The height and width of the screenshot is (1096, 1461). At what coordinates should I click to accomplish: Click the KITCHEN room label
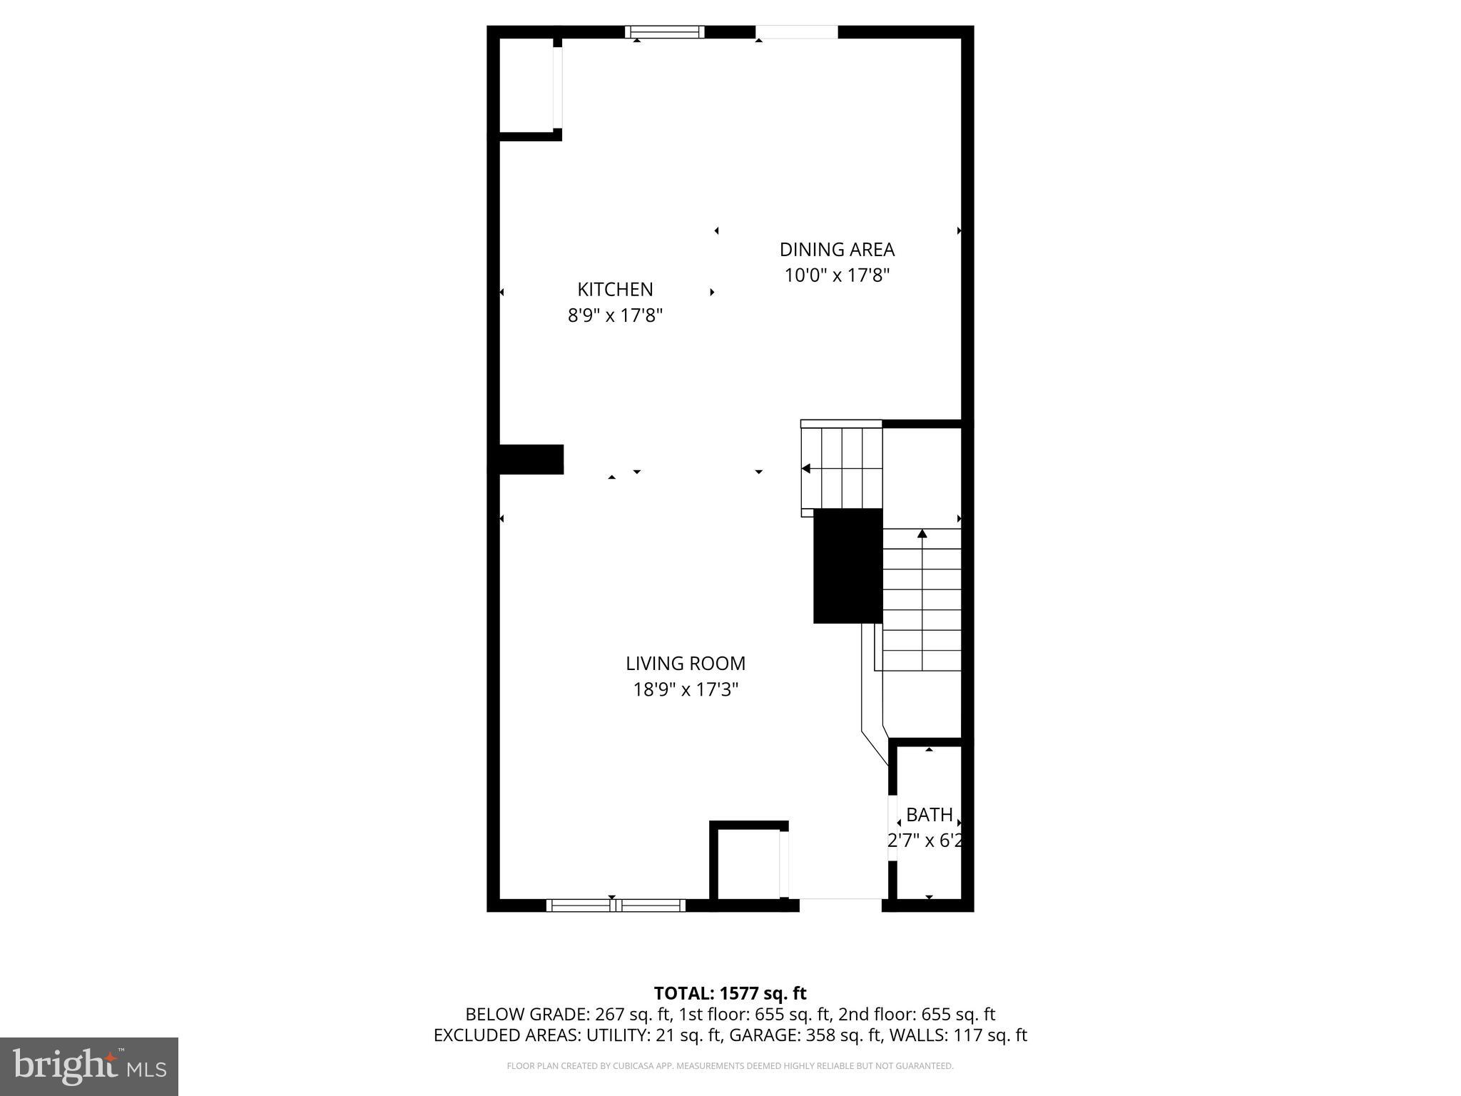click(615, 289)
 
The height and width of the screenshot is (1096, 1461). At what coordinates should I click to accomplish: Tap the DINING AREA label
click(837, 250)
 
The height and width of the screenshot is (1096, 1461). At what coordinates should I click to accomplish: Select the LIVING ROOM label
click(686, 664)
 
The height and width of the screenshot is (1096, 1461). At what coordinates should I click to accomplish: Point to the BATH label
click(929, 815)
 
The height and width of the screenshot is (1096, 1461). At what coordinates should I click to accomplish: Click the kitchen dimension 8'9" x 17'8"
click(615, 315)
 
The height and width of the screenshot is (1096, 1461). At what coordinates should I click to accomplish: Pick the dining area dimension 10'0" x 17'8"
click(837, 275)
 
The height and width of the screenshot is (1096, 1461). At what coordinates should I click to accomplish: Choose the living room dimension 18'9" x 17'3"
click(686, 690)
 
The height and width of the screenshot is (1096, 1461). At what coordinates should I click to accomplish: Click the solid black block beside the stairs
click(847, 565)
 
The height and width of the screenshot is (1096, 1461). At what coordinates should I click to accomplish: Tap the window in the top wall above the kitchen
click(665, 32)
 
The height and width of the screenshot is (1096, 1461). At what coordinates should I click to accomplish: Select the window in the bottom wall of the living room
click(616, 905)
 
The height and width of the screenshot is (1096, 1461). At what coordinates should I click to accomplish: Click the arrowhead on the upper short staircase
click(806, 469)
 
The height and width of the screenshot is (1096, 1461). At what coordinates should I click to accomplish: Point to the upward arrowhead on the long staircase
click(922, 534)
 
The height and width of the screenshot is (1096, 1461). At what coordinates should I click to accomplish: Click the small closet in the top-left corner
click(526, 85)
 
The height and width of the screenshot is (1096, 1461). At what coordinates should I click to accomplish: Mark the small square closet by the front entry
click(748, 863)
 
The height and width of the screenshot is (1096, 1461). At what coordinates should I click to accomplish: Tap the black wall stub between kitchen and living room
click(530, 460)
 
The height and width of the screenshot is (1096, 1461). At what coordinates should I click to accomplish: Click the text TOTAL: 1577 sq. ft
click(730, 993)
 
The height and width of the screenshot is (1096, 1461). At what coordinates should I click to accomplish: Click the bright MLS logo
click(89, 1066)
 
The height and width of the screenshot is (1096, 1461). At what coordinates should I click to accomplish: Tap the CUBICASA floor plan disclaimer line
click(730, 1066)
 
